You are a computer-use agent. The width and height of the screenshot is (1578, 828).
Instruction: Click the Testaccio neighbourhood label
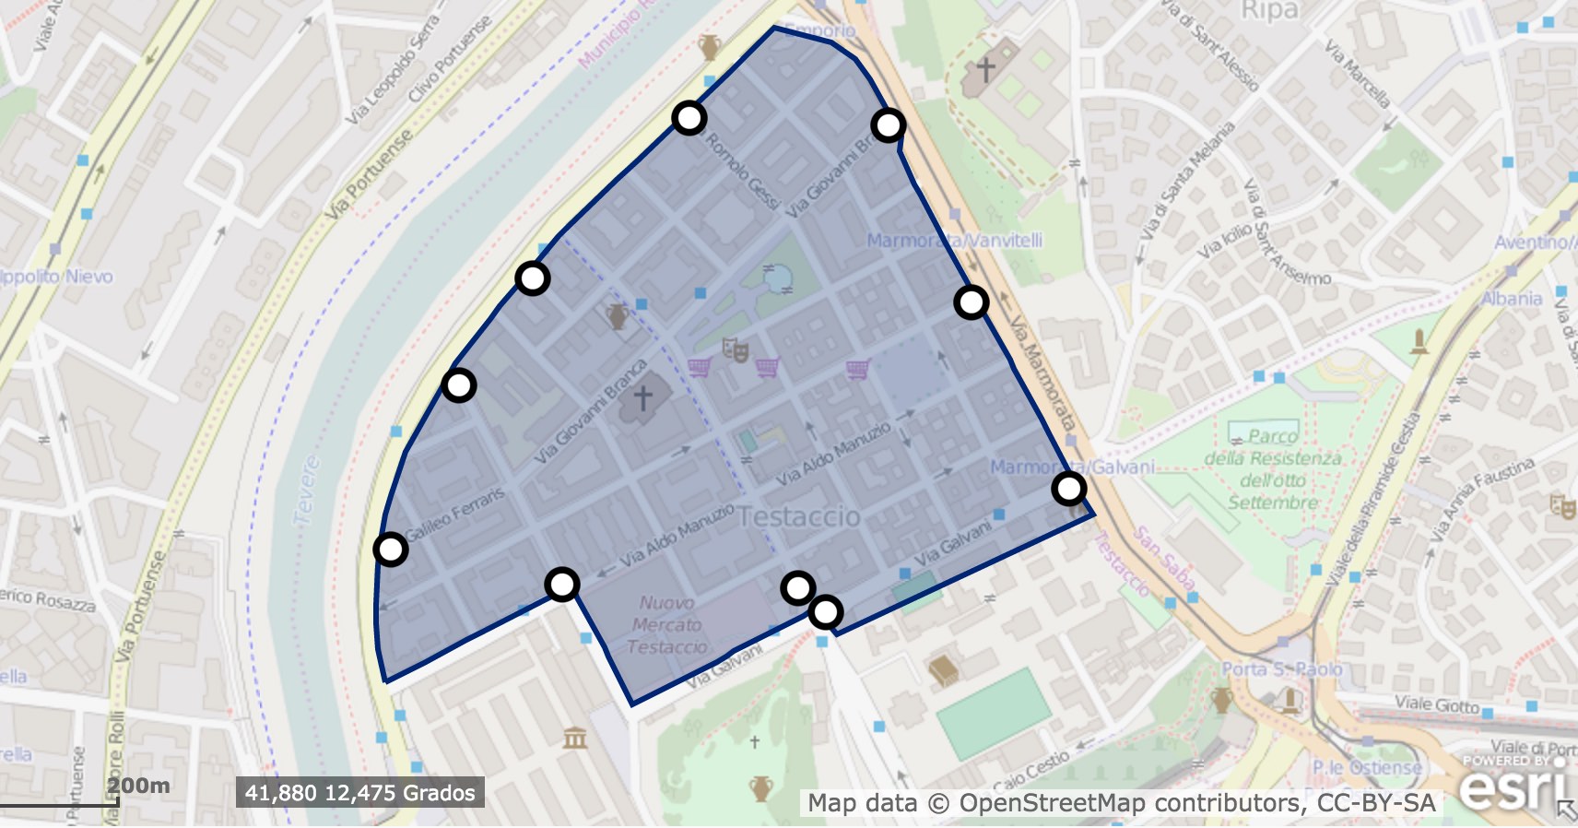799,516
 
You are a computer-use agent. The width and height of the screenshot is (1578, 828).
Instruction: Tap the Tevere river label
306,491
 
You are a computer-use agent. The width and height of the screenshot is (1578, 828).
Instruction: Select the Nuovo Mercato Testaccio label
666,624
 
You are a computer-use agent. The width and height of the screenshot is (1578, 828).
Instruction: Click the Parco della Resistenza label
1273,469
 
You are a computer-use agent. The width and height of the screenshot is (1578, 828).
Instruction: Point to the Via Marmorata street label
1042,374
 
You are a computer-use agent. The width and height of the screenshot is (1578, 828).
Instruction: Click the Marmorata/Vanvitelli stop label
954,240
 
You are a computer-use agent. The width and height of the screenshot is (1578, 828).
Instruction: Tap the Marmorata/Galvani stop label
1072,467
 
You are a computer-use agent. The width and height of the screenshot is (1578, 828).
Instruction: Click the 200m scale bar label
138,786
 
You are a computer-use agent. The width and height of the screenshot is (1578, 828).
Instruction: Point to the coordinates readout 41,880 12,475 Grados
359,793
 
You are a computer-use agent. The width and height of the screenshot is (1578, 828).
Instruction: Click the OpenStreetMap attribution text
1121,803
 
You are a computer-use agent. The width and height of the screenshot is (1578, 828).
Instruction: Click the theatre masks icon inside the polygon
735,349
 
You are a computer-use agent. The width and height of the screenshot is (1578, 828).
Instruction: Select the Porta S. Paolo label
1281,668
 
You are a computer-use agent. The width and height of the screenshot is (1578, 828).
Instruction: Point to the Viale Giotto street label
1436,704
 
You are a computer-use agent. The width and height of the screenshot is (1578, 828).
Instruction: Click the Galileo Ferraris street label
456,515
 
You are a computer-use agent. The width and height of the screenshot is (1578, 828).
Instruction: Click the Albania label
1512,298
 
